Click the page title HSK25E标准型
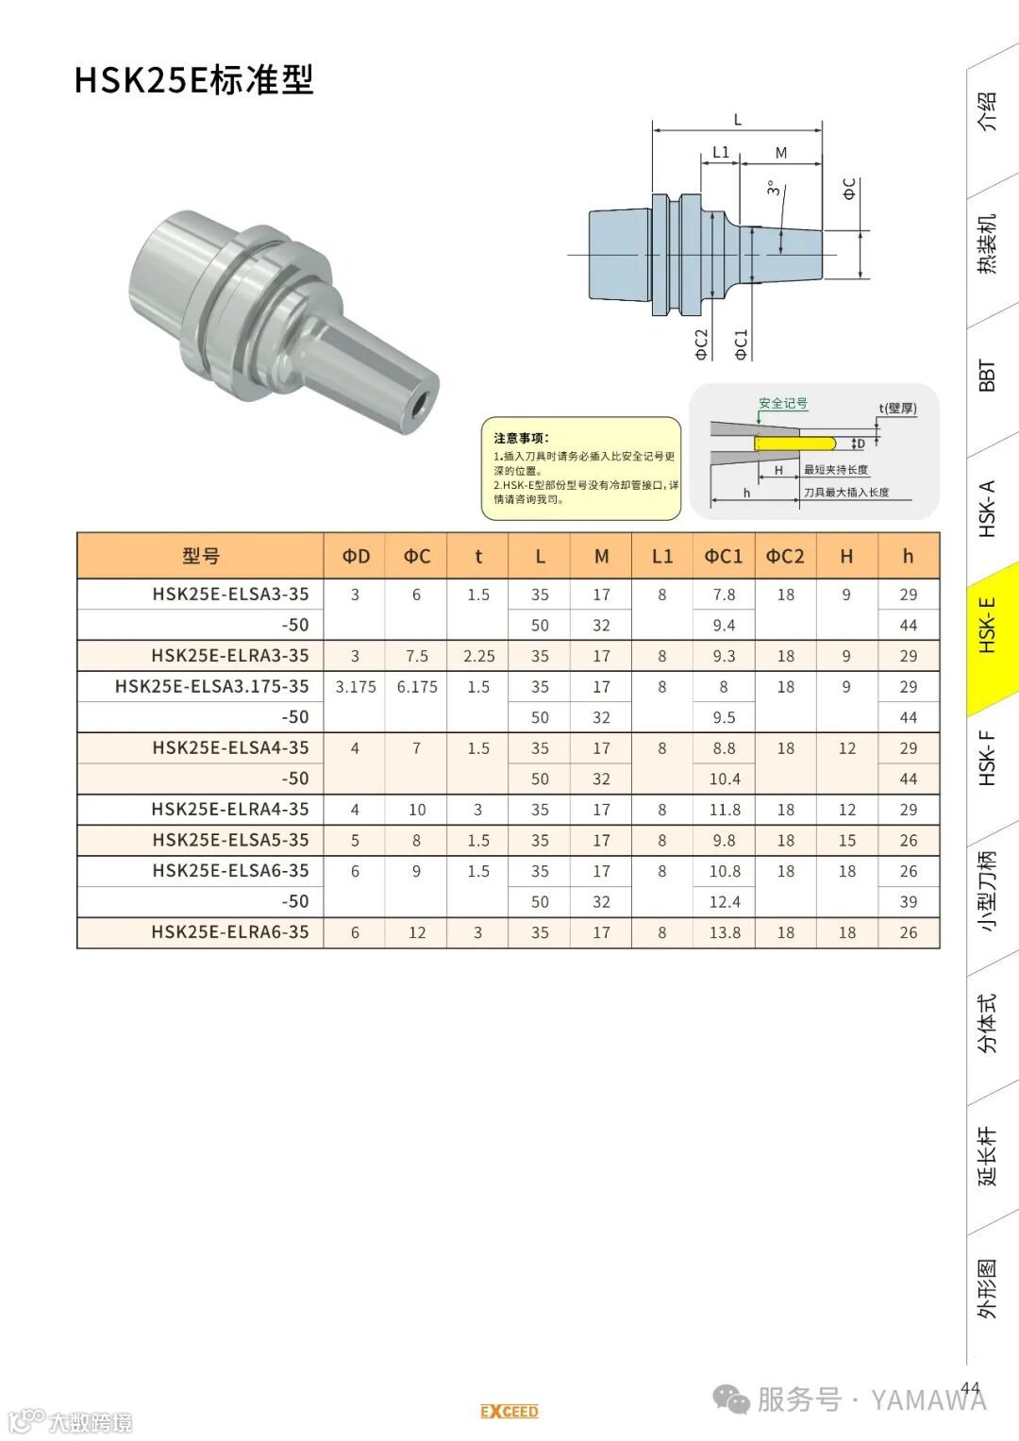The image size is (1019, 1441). point(194,80)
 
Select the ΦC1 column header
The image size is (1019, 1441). point(724,556)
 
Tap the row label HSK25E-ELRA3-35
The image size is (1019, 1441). point(230,656)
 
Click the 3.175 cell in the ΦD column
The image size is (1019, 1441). point(355,687)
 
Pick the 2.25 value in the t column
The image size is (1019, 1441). point(478,656)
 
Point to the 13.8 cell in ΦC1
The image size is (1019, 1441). point(725,932)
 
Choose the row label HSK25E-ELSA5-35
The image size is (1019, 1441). point(231,840)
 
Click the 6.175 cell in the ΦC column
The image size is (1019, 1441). point(417,687)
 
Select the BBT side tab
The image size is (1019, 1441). point(987,377)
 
